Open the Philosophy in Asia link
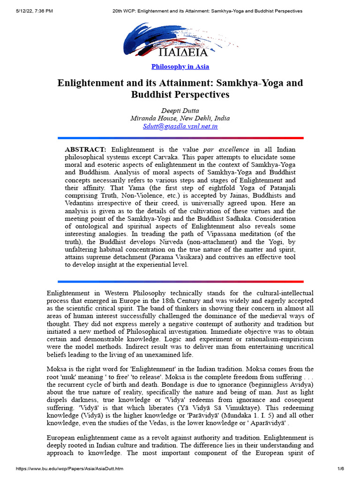point(180,67)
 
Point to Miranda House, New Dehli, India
point(180,118)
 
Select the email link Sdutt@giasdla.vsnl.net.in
point(180,127)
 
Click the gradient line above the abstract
point(180,138)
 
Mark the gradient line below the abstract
point(180,282)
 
